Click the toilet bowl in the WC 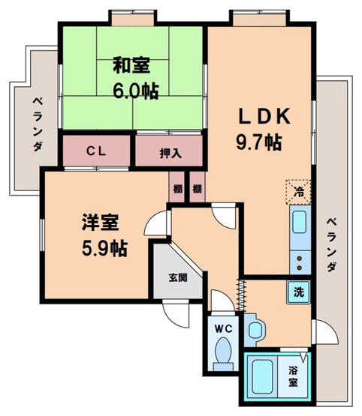[x=223, y=351]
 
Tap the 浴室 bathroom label [x=295, y=375]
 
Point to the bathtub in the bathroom [x=264, y=375]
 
